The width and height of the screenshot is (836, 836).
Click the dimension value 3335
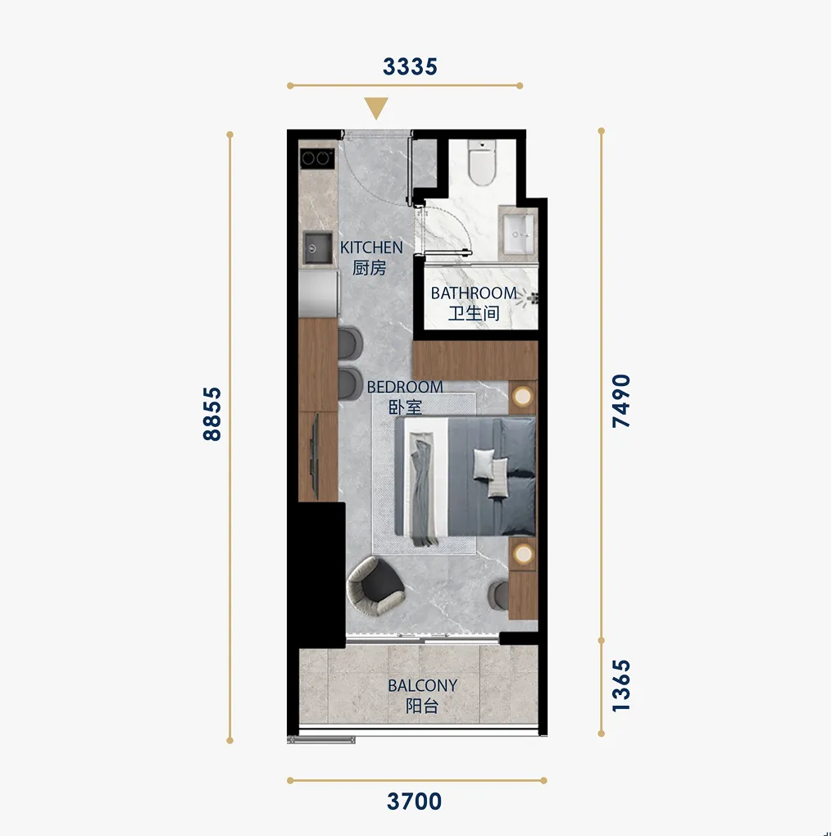tap(410, 66)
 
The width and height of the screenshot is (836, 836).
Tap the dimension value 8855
tap(212, 414)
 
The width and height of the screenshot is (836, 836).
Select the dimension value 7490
tap(621, 401)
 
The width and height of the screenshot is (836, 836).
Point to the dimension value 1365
tap(621, 686)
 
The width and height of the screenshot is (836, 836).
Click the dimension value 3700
tap(414, 801)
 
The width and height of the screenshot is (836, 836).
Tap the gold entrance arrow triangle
tap(376, 108)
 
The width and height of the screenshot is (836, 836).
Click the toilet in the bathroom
tap(482, 162)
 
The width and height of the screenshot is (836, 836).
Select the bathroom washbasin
tap(519, 234)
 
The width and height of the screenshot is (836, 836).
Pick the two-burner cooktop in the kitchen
tap(316, 158)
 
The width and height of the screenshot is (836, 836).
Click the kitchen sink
tap(318, 248)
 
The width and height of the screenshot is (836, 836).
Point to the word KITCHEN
tap(371, 248)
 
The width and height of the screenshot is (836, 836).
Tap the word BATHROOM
tap(474, 293)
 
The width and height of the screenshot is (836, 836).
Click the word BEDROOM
tap(405, 387)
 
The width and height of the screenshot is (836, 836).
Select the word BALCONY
tap(423, 685)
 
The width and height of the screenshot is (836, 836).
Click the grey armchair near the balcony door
tap(375, 587)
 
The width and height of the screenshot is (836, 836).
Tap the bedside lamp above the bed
tap(523, 397)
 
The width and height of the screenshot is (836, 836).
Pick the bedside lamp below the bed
tap(523, 554)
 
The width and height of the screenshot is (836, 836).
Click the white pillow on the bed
tap(484, 463)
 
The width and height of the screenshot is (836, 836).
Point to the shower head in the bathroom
tap(529, 298)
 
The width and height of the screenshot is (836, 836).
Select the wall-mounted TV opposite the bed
tap(315, 457)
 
